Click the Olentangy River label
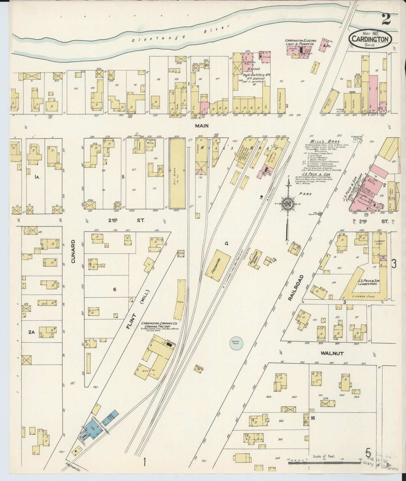[x=180, y=35]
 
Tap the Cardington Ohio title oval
[x=370, y=39]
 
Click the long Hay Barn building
[x=177, y=173]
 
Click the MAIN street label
[x=202, y=126]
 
